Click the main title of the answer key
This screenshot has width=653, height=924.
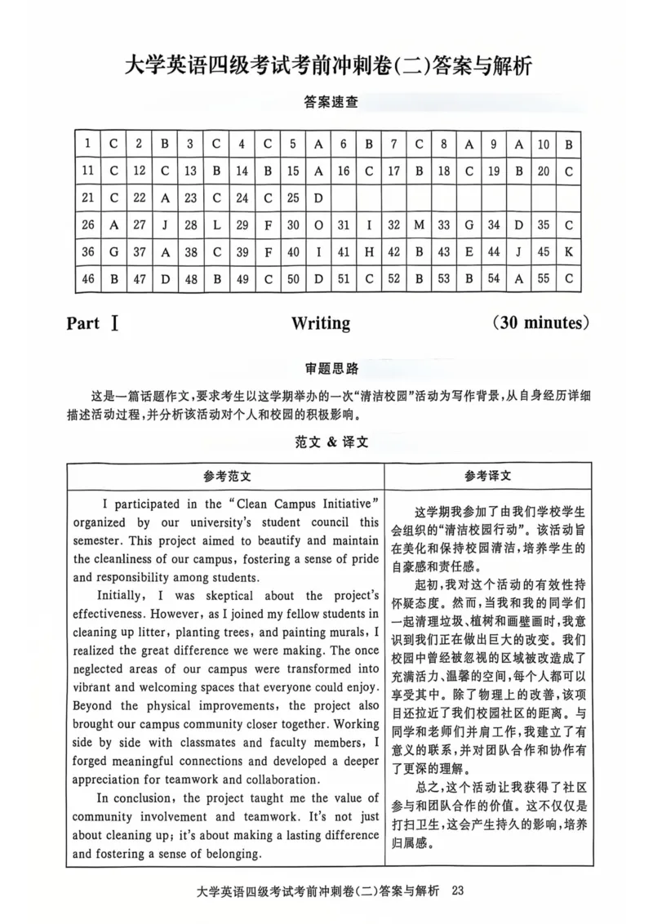click(326, 65)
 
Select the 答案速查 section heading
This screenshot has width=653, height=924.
click(326, 103)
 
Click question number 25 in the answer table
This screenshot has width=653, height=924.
click(293, 198)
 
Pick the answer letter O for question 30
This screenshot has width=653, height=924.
click(318, 224)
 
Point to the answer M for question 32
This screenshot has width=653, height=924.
click(420, 224)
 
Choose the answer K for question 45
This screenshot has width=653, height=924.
click(569, 251)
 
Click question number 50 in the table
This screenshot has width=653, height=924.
click(293, 278)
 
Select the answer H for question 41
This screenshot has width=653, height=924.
click(369, 251)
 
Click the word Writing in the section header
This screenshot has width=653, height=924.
click(321, 323)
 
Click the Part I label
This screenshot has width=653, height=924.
click(94, 323)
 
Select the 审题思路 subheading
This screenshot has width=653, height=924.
click(326, 368)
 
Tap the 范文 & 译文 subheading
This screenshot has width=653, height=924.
click(326, 442)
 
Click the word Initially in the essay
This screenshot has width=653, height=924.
click(122, 596)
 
